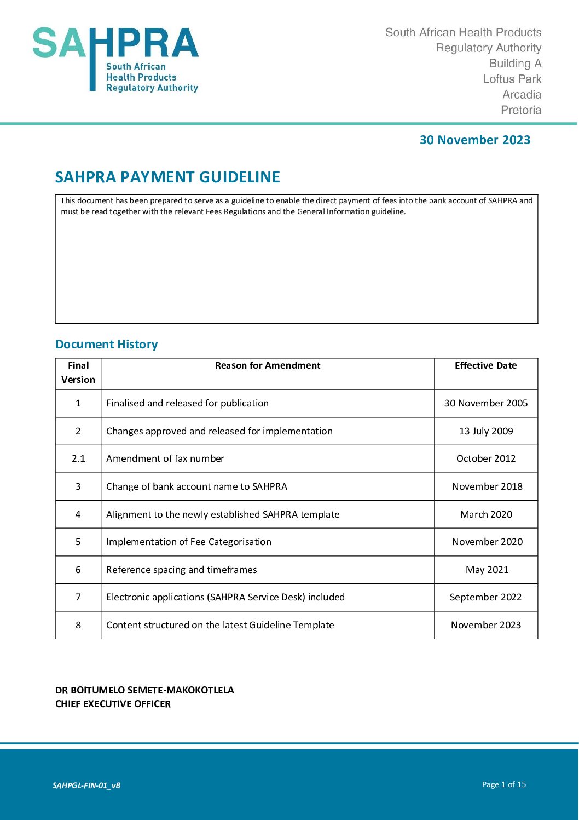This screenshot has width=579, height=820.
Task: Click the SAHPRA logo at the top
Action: [115, 59]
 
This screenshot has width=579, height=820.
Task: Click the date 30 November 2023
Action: [474, 140]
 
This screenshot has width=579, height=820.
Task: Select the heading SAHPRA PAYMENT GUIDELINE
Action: [167, 177]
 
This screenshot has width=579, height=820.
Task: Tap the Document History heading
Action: [107, 344]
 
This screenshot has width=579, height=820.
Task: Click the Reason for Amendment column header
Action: [268, 365]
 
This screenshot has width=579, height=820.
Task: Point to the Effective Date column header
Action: [485, 365]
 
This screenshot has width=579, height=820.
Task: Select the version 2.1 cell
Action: [78, 458]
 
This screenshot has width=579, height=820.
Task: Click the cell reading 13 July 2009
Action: [486, 431]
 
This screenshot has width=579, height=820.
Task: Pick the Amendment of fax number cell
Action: [165, 458]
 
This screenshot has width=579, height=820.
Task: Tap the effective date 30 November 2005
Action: [486, 403]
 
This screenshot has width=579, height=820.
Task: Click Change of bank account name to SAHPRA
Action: [196, 486]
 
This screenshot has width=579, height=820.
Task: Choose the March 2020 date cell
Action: [486, 514]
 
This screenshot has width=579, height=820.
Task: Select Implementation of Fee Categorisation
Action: [189, 542]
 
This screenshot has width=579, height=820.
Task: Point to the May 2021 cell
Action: [487, 570]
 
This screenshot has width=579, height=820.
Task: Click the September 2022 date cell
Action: [485, 597]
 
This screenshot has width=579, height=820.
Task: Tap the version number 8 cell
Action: [78, 625]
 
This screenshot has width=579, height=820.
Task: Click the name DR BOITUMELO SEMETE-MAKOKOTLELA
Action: [144, 690]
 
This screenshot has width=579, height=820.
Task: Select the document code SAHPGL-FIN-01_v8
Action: [86, 785]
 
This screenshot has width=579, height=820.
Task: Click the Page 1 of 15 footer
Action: [504, 784]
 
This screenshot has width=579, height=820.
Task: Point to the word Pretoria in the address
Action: [521, 110]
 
